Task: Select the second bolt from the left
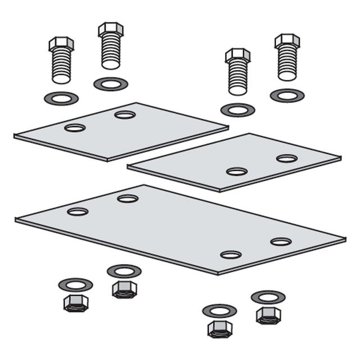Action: click(x=111, y=46)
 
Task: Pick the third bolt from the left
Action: click(x=238, y=71)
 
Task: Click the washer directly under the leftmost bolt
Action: click(x=61, y=98)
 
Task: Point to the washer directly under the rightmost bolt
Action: click(x=287, y=95)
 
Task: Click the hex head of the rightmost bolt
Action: click(x=287, y=40)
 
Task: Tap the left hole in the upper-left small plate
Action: click(x=75, y=128)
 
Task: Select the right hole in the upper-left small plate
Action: click(x=125, y=115)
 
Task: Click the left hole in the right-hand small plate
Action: click(x=237, y=171)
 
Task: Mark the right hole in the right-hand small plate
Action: click(x=287, y=158)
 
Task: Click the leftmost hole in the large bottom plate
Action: click(x=78, y=211)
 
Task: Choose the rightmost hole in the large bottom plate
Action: click(x=281, y=242)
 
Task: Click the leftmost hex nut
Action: click(x=75, y=303)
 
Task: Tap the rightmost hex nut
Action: click(x=268, y=314)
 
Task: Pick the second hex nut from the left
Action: click(x=124, y=289)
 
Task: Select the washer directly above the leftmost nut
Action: click(x=75, y=285)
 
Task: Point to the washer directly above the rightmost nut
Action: click(x=268, y=296)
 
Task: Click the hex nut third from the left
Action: click(x=219, y=328)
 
